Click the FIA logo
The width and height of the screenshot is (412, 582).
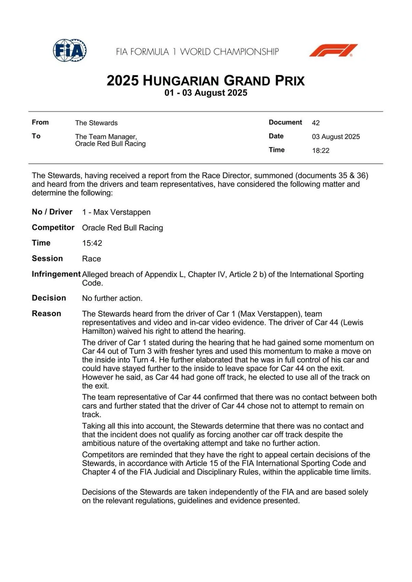[70, 50]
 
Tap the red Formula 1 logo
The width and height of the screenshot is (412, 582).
[333, 50]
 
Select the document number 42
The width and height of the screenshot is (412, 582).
[315, 123]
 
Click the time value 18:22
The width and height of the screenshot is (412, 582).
[320, 151]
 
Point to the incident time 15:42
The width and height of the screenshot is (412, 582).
[92, 243]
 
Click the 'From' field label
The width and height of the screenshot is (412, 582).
[40, 122]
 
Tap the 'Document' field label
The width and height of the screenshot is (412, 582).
[285, 122]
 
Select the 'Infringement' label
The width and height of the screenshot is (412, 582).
[56, 274]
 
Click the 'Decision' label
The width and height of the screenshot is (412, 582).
[49, 298]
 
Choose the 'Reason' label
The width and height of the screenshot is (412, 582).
[46, 314]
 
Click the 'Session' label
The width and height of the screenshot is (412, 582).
[47, 258]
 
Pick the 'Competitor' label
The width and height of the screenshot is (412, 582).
[53, 228]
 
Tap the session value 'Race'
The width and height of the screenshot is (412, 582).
[92, 259]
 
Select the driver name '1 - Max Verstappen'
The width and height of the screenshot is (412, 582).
[116, 212]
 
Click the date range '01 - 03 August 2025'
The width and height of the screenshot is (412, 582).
[206, 93]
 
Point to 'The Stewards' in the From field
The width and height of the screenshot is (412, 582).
[96, 123]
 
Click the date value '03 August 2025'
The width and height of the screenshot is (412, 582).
[336, 136]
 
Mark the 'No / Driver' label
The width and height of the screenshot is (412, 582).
[52, 212]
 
